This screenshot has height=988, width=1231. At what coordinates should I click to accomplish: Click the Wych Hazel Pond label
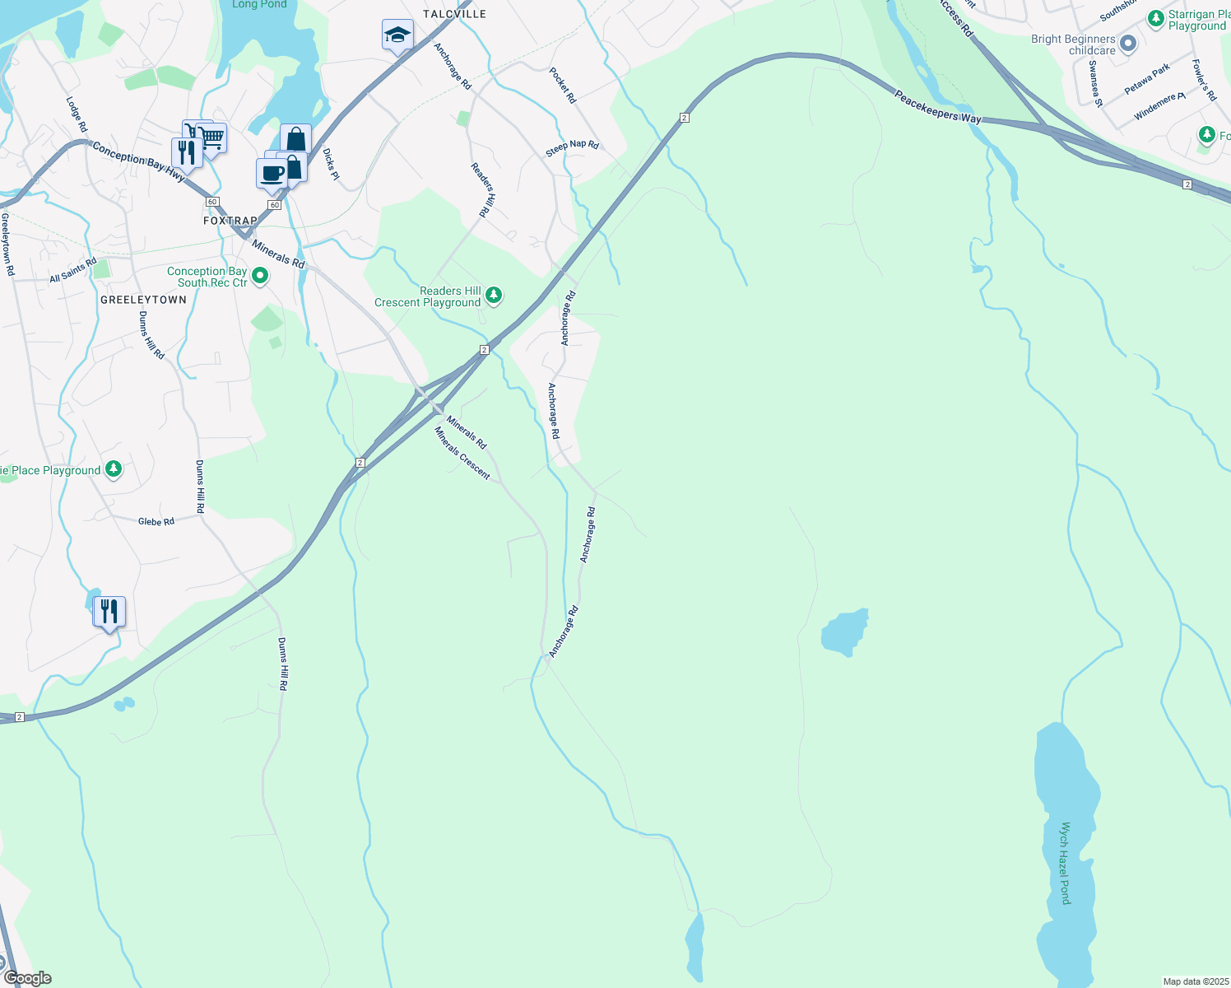[x=1066, y=863]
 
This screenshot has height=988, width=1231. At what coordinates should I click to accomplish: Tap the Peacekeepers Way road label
[x=938, y=108]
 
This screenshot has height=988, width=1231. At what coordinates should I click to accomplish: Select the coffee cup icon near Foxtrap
[x=272, y=174]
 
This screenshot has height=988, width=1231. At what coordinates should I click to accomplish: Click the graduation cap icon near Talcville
[x=397, y=35]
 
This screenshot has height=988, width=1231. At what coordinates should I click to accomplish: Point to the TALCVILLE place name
[x=454, y=14]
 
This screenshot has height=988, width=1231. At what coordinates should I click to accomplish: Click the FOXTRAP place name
[x=230, y=221]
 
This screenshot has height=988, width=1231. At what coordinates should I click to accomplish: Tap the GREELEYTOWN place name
[x=143, y=300]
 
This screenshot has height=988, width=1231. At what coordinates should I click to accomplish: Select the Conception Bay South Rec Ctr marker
[x=260, y=276]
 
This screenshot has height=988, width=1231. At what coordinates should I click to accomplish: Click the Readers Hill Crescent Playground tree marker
[x=493, y=295]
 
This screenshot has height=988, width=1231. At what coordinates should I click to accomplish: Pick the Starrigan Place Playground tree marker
[x=1156, y=17]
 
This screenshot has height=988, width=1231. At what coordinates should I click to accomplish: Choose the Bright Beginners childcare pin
[x=1128, y=43]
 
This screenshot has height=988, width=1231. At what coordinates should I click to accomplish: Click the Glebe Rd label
[x=156, y=521]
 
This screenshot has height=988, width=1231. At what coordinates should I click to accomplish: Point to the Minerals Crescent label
[x=462, y=453]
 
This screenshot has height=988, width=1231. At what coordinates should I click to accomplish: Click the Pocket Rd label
[x=563, y=86]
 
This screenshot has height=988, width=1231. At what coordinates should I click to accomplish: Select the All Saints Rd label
[x=72, y=270]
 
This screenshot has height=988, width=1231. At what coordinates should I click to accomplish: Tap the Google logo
[x=28, y=978]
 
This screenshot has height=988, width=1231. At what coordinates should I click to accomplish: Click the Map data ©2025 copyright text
[x=1195, y=981]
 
